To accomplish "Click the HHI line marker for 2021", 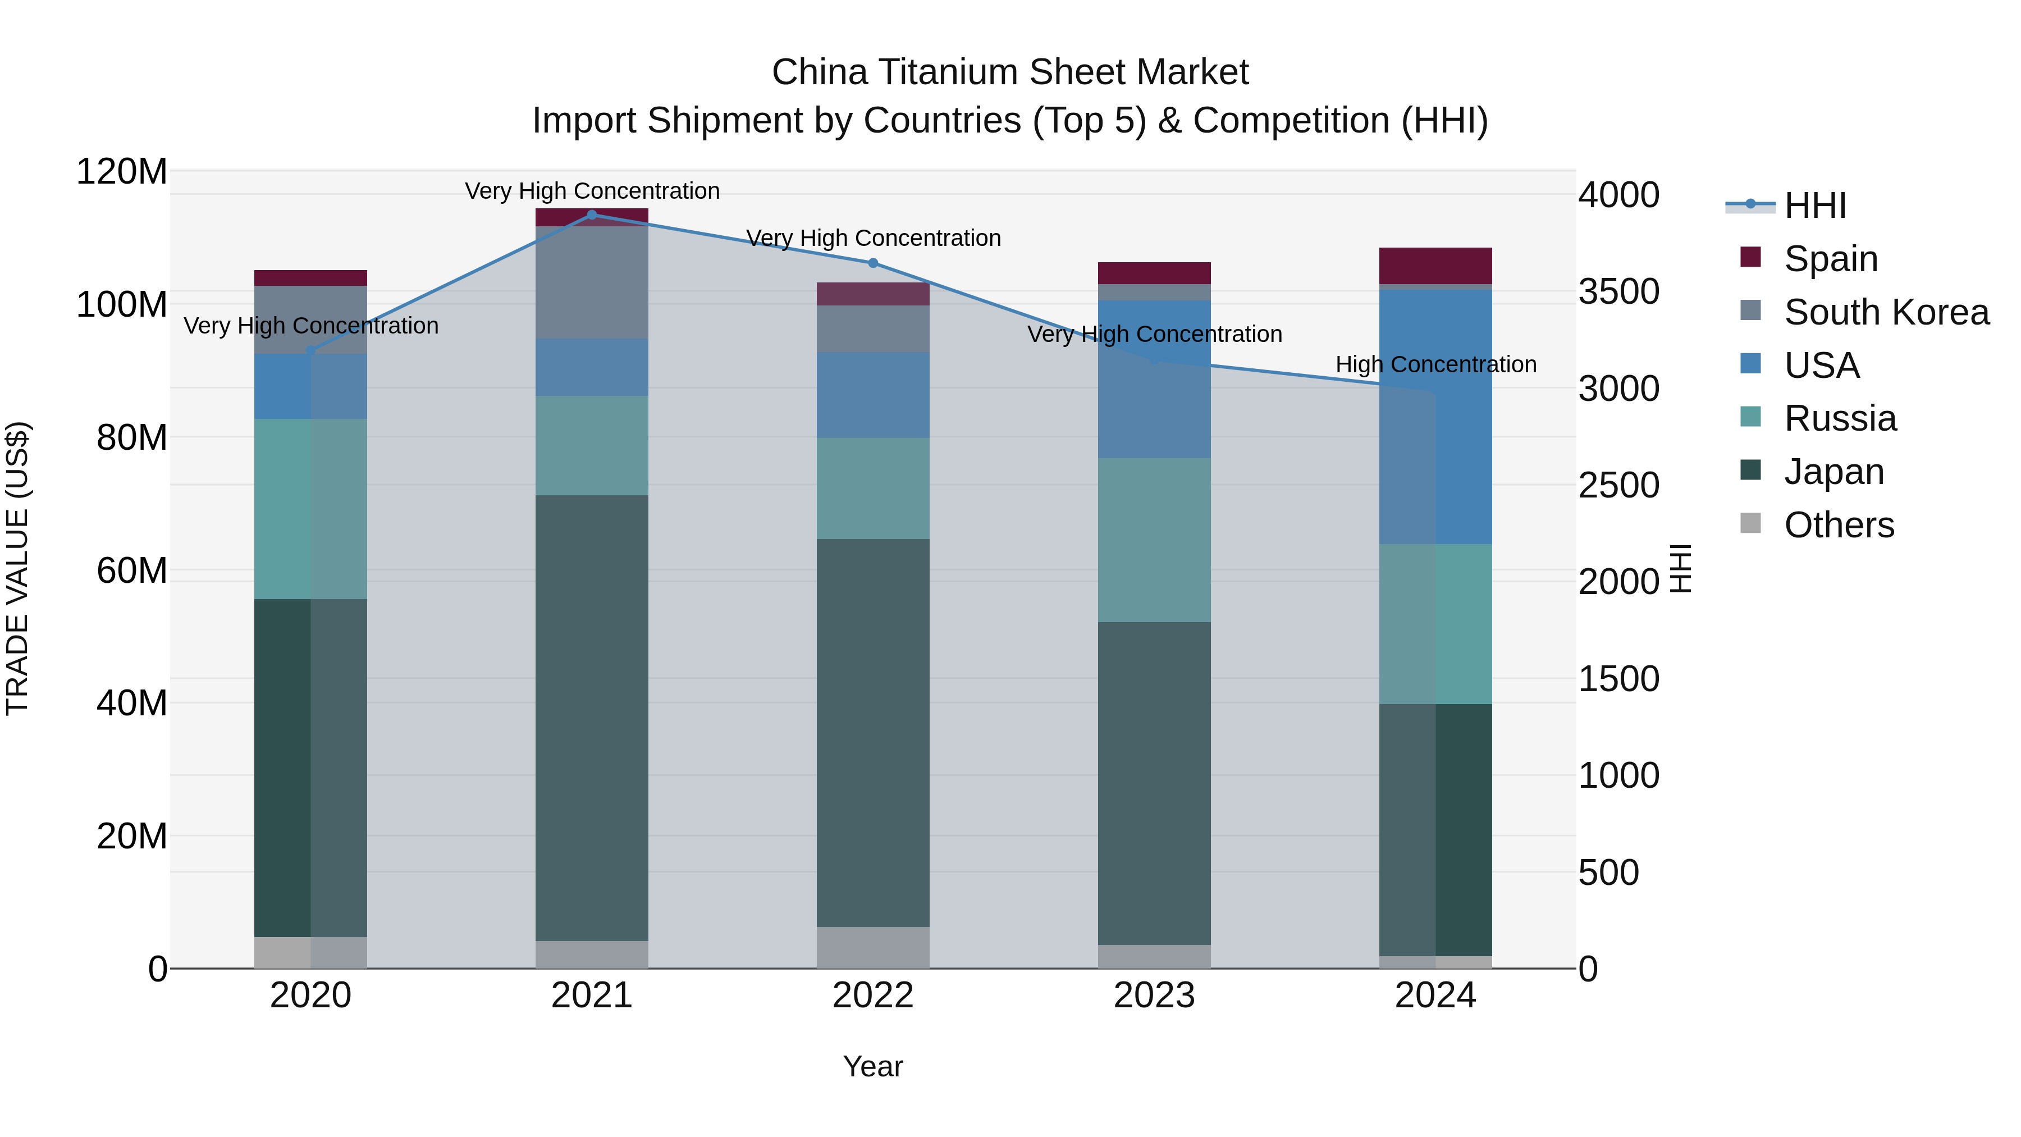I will point(592,214).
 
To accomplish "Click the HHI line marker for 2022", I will point(872,263).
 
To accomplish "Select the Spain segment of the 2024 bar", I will point(1435,265).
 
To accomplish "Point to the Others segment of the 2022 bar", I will point(872,947).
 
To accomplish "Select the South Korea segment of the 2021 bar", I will point(592,282).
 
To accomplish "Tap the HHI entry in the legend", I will point(1814,206).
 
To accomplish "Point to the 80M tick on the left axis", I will point(131,437).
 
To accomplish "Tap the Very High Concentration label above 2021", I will point(592,191).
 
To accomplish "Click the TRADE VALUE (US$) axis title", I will point(17,568).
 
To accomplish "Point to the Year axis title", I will point(872,1066).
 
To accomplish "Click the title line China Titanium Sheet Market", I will point(1010,72).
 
